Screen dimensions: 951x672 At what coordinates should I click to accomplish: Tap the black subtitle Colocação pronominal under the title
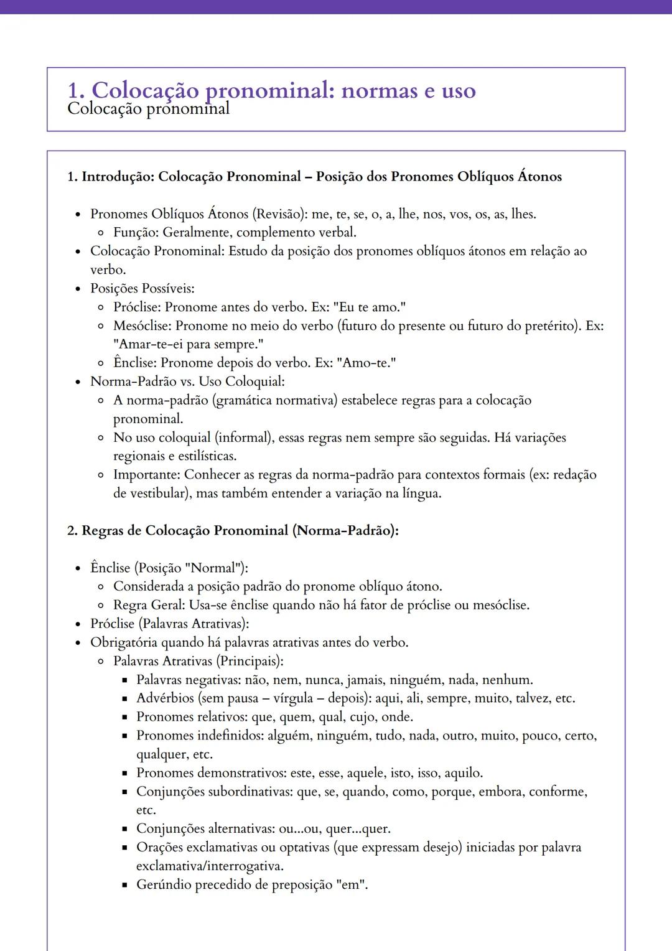click(x=148, y=109)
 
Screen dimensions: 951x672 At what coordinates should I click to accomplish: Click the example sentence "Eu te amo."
click(x=370, y=307)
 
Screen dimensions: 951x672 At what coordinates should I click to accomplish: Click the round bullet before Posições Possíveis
click(x=78, y=289)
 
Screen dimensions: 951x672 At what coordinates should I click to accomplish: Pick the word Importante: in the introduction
click(x=147, y=475)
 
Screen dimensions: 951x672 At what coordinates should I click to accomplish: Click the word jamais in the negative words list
click(x=366, y=680)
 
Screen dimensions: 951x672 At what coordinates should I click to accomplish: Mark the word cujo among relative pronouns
click(x=362, y=717)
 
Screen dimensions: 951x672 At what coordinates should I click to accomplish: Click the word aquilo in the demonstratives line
click(x=464, y=773)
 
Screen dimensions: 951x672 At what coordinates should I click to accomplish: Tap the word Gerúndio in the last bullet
click(x=164, y=885)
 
